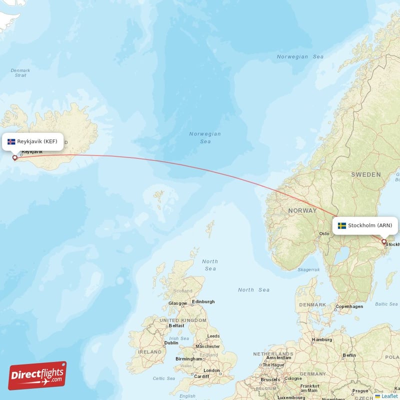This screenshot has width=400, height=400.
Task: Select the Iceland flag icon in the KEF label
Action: tap(11, 141)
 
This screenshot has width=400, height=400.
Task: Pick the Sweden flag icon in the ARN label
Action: tap(342, 225)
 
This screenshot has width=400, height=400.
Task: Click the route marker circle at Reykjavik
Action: tap(15, 158)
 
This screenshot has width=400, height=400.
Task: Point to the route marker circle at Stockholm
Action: tap(384, 242)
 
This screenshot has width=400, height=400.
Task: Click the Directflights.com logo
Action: tap(37, 375)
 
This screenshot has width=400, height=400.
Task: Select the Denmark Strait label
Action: tap(20, 73)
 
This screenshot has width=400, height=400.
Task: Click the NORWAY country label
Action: tap(302, 210)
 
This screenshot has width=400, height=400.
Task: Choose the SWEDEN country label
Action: tap(365, 174)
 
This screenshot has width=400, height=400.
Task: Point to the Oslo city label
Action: tap(324, 233)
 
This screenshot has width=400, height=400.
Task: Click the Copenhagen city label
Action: tap(349, 306)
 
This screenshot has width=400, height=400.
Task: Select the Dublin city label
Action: tap(171, 343)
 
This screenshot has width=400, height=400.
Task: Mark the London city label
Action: tap(211, 370)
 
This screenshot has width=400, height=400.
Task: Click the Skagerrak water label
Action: tap(308, 269)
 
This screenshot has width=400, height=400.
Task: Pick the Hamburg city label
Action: tap(321, 340)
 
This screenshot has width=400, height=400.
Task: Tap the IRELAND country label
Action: tap(150, 352)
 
